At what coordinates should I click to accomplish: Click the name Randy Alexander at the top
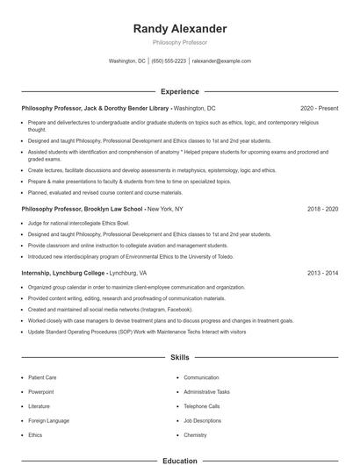click(x=179, y=29)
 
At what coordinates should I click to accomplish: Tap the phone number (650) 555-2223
click(x=169, y=61)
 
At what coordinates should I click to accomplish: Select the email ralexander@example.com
click(x=221, y=61)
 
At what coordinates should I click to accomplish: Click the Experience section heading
click(x=179, y=91)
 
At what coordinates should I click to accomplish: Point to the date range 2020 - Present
click(x=319, y=108)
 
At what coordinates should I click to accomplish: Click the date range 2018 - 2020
click(x=322, y=210)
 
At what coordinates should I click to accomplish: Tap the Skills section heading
click(x=179, y=358)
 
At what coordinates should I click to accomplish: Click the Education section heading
click(x=179, y=460)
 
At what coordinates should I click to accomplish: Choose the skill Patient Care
click(x=42, y=377)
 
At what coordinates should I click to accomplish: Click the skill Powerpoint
click(x=41, y=391)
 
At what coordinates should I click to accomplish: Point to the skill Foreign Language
click(x=47, y=420)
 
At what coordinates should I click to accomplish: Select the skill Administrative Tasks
click(x=206, y=391)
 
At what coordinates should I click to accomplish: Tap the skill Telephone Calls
click(x=202, y=406)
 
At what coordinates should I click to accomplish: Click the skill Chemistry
click(x=195, y=434)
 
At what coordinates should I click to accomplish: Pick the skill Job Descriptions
click(x=202, y=420)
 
